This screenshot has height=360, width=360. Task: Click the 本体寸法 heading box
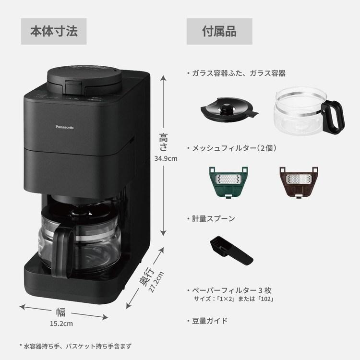tap(54, 32)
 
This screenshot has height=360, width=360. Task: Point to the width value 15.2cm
tap(62, 323)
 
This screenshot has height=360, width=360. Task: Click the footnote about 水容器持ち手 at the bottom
tap(75, 346)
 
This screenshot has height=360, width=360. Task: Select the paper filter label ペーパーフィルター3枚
tap(232, 291)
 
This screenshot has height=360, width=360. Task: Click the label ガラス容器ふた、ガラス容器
tap(238, 73)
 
